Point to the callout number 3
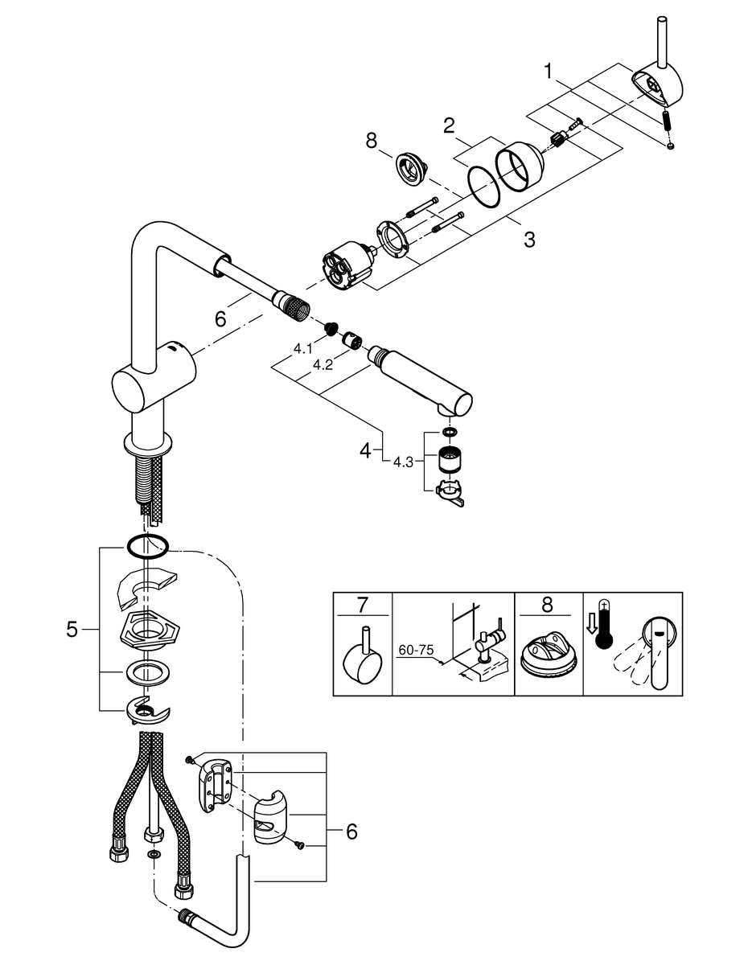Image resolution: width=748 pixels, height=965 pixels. pos(528,239)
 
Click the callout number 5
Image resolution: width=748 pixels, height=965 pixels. pos(72,630)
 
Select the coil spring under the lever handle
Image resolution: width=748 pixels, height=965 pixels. pos(667,122)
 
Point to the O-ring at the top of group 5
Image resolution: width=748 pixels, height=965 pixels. pos(146,547)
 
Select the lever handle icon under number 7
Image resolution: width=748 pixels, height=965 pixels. pos(360,659)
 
